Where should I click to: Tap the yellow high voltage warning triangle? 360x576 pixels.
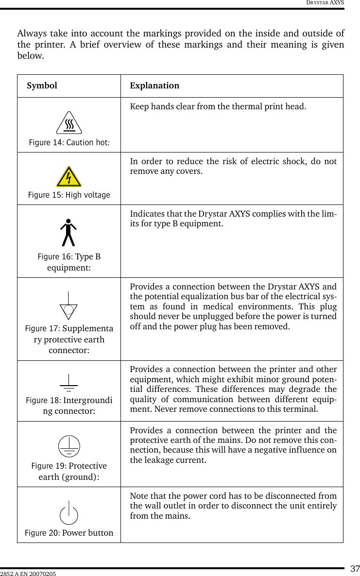pyautogui.click(x=69, y=177)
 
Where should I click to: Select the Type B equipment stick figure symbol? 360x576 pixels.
pyautogui.click(x=69, y=233)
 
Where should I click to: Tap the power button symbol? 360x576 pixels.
pyautogui.click(x=69, y=513)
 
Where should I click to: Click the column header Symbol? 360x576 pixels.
pyautogui.click(x=42, y=86)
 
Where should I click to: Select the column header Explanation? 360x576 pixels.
pyautogui.click(x=154, y=86)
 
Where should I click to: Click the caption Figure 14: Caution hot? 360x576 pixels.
pyautogui.click(x=69, y=142)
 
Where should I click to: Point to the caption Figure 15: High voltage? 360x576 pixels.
pyautogui.click(x=69, y=195)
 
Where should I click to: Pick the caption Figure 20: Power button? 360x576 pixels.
pyautogui.click(x=69, y=533)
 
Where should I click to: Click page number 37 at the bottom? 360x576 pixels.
pyautogui.click(x=355, y=569)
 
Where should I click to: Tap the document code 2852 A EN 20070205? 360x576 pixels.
pyautogui.click(x=28, y=574)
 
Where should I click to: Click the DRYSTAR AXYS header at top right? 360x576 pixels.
pyautogui.click(x=325, y=3)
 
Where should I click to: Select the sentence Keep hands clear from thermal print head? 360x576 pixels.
pyautogui.click(x=218, y=106)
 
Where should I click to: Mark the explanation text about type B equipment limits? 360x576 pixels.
pyautogui.click(x=233, y=219)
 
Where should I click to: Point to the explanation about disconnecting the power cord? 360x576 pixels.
pyautogui.click(x=233, y=506)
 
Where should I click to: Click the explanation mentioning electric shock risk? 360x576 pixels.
pyautogui.click(x=233, y=166)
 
